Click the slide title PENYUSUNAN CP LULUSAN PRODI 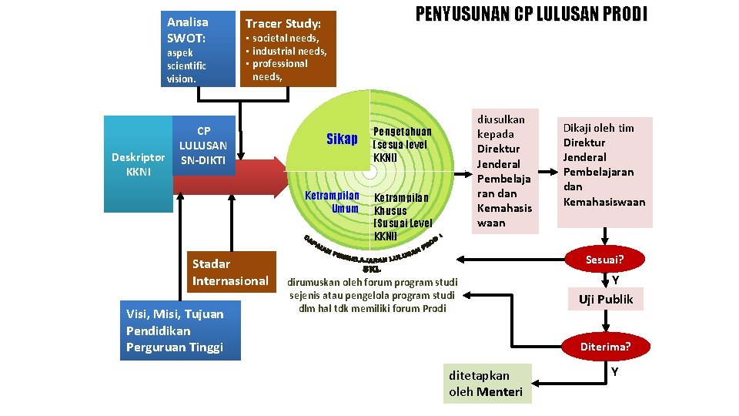531,15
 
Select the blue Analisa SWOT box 198,49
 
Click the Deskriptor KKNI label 138,164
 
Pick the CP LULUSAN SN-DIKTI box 203,146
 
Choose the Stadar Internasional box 231,272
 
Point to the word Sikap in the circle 342,139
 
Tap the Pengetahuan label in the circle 402,144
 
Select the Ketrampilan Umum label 332,202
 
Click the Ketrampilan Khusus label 402,216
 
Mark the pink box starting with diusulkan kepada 504,171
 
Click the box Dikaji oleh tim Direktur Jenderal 604,172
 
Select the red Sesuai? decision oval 604,260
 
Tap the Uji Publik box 605,299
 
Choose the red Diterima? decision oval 605,346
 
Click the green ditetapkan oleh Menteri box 486,383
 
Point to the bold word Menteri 499,392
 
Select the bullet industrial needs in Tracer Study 289,51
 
